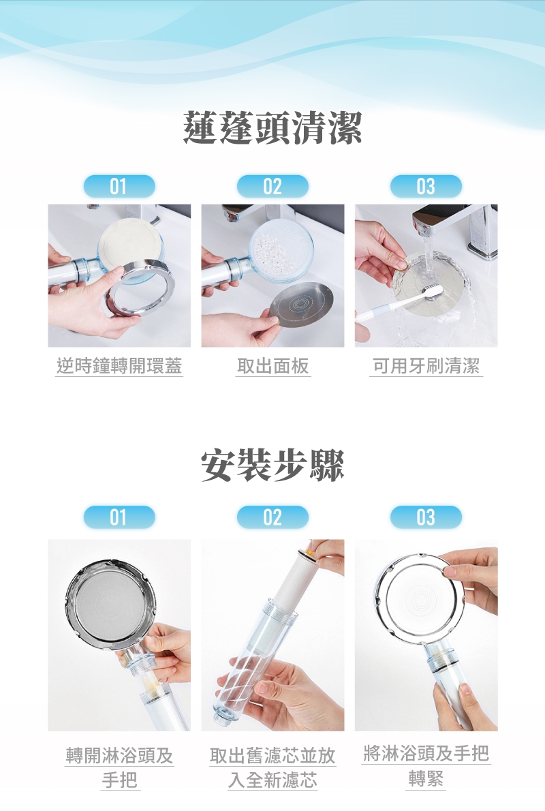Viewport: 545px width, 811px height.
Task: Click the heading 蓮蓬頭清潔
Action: point(272,127)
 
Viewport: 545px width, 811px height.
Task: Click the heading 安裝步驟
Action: point(272,465)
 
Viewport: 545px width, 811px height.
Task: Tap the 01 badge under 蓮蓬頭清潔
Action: point(119,186)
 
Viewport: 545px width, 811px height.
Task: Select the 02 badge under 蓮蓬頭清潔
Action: point(272,186)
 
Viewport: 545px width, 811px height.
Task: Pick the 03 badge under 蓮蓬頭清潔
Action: point(426,186)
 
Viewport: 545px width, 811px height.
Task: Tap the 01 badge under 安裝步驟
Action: point(119,517)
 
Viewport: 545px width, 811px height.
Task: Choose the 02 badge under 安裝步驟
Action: point(272,517)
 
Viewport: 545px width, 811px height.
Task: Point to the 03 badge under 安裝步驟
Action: point(426,517)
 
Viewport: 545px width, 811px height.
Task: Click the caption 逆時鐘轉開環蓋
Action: point(119,366)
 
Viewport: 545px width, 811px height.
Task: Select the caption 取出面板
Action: point(272,366)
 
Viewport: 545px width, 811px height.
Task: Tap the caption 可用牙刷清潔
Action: point(426,366)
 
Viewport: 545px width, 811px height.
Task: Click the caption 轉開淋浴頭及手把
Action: point(119,767)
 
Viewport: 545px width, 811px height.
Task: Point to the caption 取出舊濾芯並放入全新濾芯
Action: point(272,767)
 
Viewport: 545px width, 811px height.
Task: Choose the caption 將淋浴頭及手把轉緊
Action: point(426,766)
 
